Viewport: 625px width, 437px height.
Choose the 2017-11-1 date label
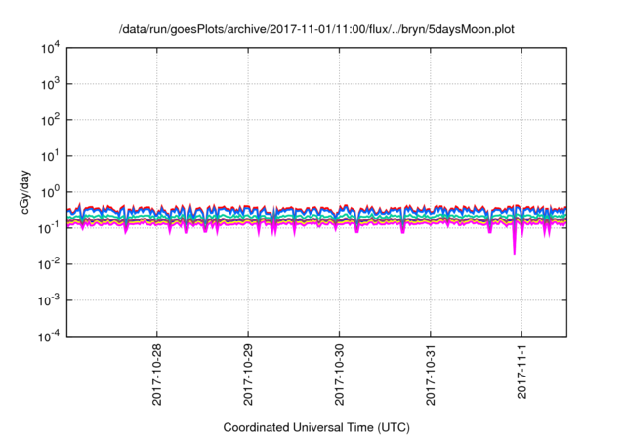coord(521,374)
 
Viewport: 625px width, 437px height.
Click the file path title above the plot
coord(316,29)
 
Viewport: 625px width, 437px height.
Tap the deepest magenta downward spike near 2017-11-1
coord(515,253)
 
